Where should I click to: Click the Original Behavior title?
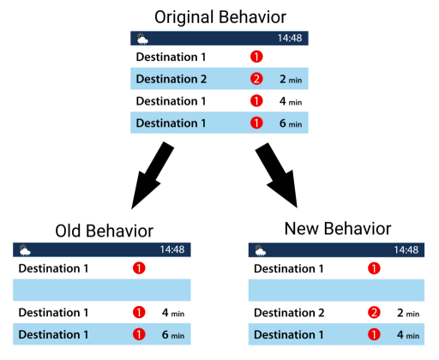pos(220,16)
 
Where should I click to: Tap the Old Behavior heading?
pos(104,231)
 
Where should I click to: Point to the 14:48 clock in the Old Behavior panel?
pos(174,249)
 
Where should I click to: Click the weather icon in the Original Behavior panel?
pos(141,39)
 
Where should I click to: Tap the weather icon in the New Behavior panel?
pos(257,249)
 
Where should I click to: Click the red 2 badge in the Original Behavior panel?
pos(256,80)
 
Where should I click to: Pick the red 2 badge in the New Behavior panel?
pos(374,313)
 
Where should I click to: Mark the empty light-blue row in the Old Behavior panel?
pos(103,291)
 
